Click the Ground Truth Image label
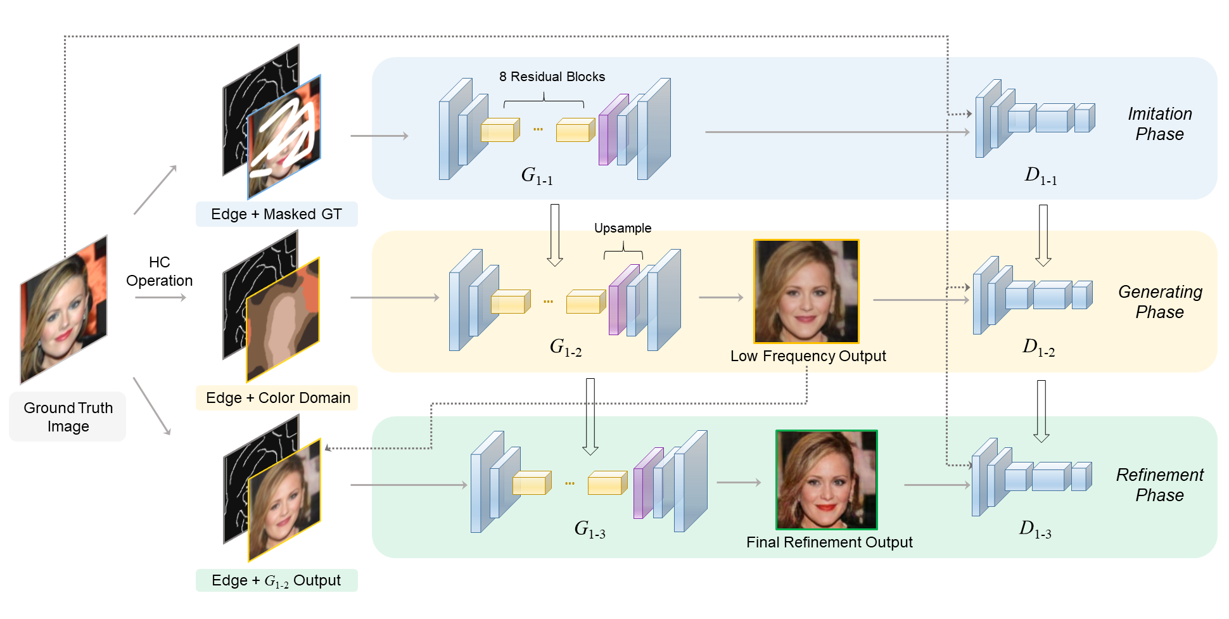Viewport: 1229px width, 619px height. pos(68,417)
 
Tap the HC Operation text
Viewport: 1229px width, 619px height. pos(159,271)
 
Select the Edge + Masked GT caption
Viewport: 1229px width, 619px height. pos(276,214)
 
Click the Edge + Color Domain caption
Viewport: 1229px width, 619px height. pos(277,398)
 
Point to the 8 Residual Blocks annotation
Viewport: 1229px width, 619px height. pos(552,77)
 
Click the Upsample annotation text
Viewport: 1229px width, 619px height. pos(622,228)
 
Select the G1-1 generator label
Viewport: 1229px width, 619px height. pos(537,175)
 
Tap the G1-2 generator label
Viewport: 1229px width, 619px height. pos(565,347)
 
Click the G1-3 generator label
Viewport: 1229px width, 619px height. pos(589,529)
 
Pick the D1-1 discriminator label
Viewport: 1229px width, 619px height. pos(1040,175)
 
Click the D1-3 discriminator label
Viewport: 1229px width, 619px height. pos(1035,529)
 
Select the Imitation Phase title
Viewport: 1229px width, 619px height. pos(1159,124)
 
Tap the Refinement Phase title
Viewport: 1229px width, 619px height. pos(1159,485)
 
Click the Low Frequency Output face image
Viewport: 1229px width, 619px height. pos(806,291)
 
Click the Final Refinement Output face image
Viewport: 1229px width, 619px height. pos(826,480)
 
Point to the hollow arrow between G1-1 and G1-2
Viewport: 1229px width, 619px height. pos(555,234)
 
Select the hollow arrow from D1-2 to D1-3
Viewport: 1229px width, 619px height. pos(1041,411)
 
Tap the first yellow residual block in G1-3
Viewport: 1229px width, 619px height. pos(531,483)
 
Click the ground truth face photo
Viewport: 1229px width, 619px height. pos(63,310)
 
